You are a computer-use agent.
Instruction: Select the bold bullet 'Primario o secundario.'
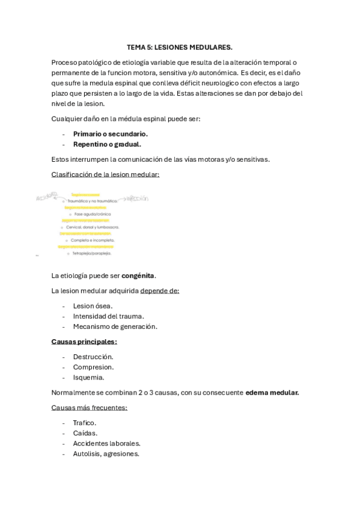[x=110, y=134]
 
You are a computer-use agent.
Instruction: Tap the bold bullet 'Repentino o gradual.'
[x=107, y=144]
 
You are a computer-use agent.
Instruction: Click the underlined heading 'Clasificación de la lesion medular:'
[x=106, y=174]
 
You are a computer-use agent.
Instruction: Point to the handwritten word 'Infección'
[x=136, y=198]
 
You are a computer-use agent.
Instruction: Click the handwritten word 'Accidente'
[x=47, y=197]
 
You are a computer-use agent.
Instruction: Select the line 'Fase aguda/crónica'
[x=93, y=214]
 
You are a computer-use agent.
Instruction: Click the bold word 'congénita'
[x=138, y=276]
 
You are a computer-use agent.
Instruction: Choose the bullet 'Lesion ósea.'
[x=93, y=306]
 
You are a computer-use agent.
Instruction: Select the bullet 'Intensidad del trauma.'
[x=108, y=316]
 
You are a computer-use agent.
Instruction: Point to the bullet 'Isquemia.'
[x=88, y=378]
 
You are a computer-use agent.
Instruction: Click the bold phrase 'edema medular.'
[x=272, y=393]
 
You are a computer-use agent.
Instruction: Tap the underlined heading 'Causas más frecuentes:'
[x=90, y=408]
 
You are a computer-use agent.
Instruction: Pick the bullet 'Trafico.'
[x=85, y=423]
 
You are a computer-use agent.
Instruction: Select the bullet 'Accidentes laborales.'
[x=107, y=443]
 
